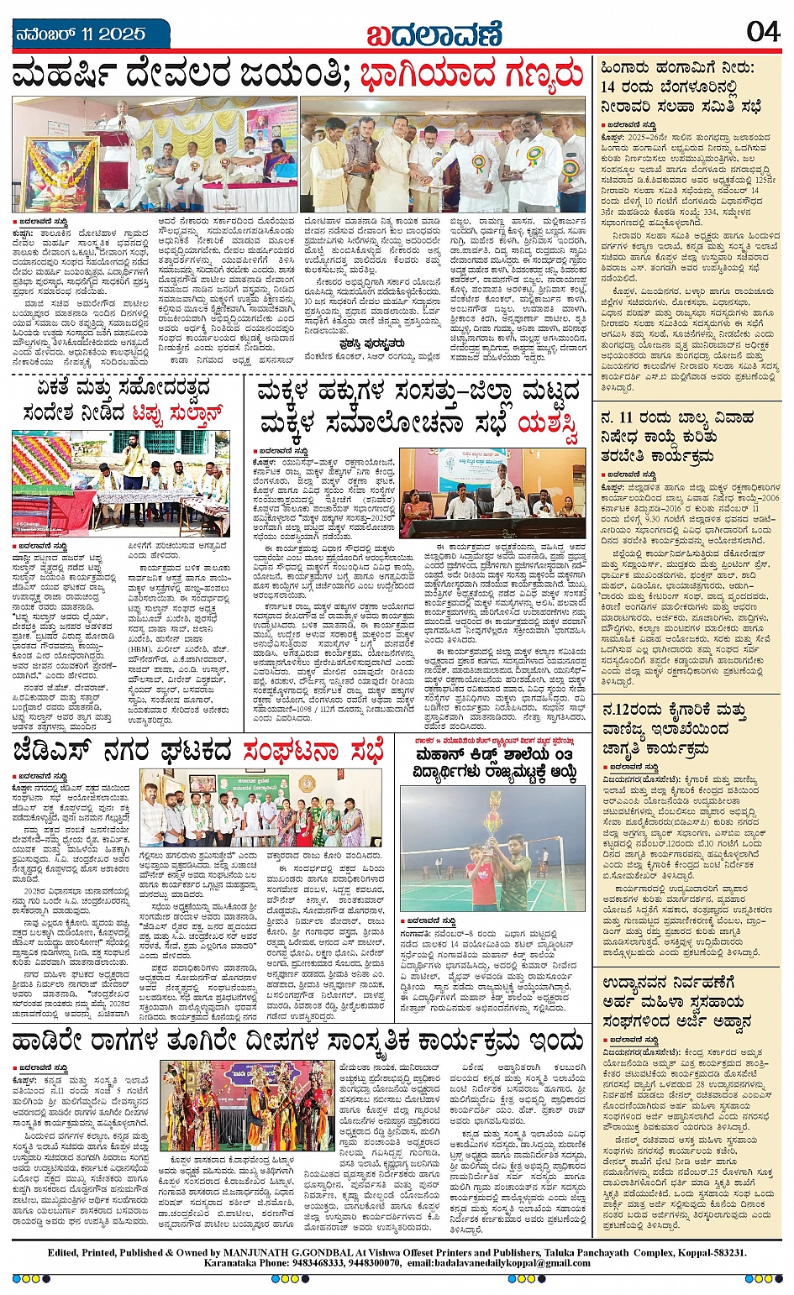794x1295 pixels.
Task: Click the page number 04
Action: pos(763,32)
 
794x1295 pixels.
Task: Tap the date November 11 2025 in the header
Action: pos(81,34)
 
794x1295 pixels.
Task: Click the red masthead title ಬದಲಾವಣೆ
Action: pos(434,34)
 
